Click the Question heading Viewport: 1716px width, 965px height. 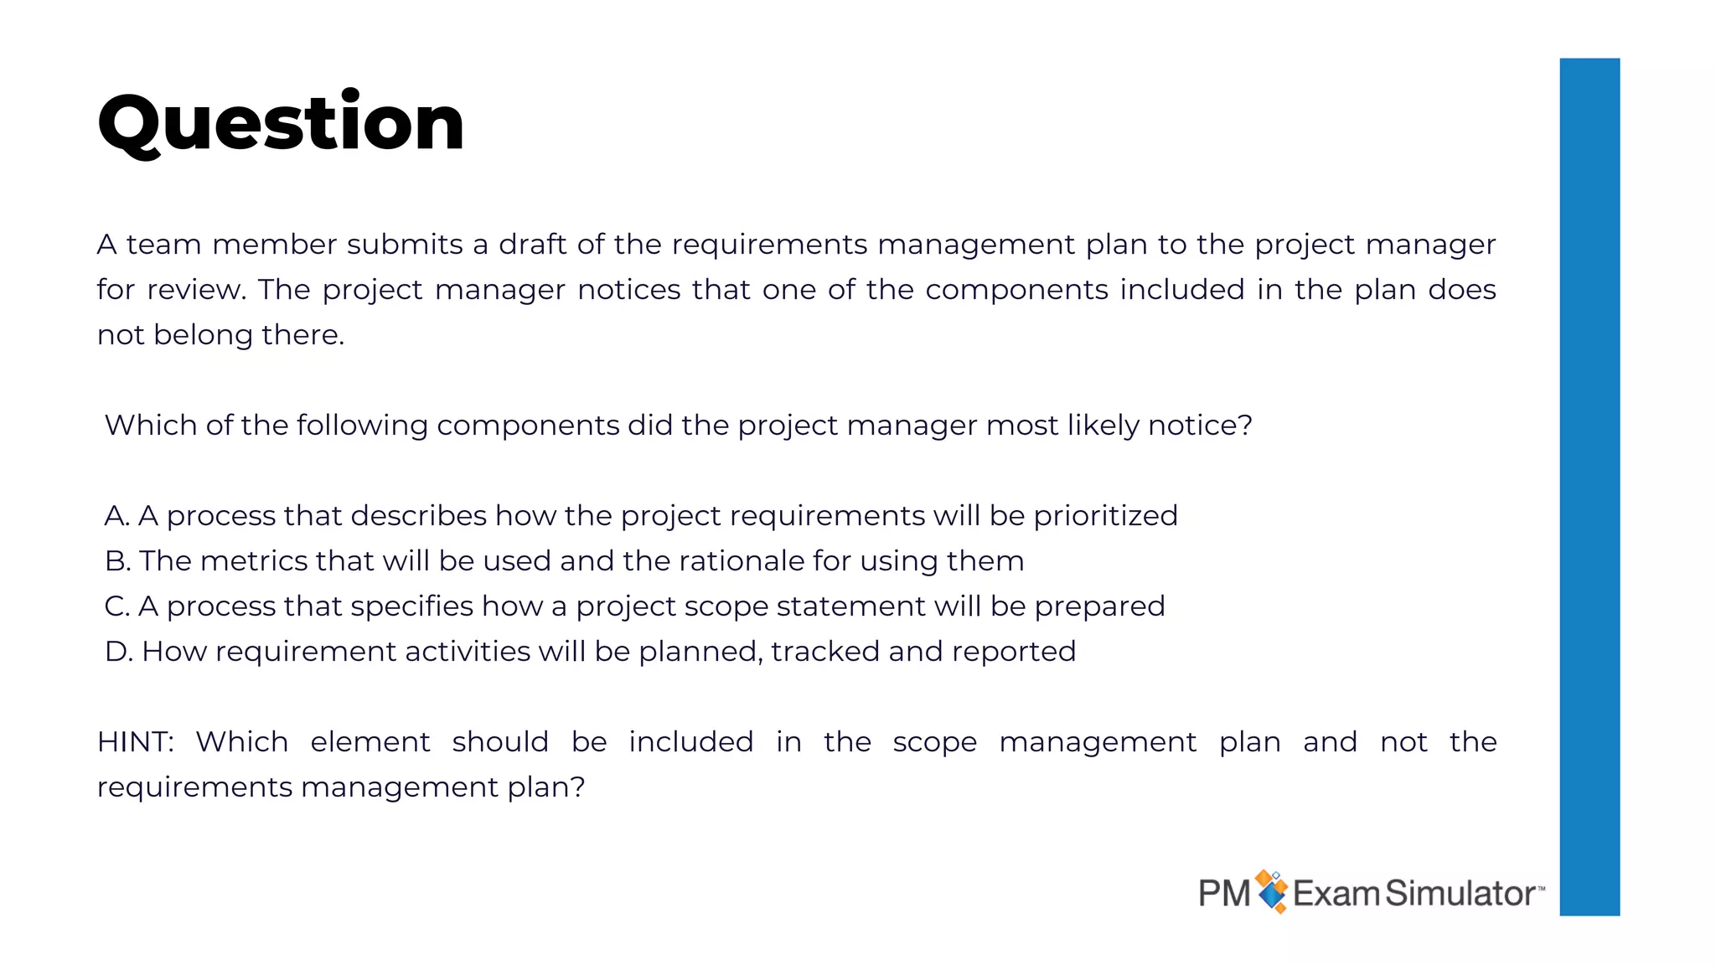(x=281, y=124)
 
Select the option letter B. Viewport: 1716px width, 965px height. (x=116, y=561)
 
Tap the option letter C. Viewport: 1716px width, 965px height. (x=116, y=606)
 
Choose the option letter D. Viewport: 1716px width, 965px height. (x=118, y=652)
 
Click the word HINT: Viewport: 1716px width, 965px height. (x=135, y=742)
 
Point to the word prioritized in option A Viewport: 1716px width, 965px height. (x=1105, y=516)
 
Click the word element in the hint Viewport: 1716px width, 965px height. (x=370, y=742)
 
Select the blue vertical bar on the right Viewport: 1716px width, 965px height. (x=1589, y=486)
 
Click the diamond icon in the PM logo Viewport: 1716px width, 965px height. (x=1272, y=891)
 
